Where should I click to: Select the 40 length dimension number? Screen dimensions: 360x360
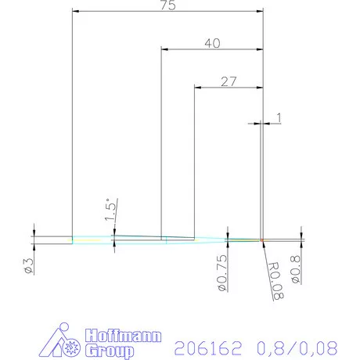(x=211, y=44)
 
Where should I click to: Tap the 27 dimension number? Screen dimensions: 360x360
(x=229, y=80)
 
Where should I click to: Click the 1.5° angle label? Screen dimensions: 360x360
(x=110, y=210)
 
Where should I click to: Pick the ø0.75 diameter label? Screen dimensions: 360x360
(x=221, y=270)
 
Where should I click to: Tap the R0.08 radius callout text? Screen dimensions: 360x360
(x=273, y=282)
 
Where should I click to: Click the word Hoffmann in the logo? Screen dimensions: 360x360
(x=123, y=337)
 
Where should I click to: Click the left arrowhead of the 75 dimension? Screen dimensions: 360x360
(x=75, y=12)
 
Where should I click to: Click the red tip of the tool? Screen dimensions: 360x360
(x=263, y=239)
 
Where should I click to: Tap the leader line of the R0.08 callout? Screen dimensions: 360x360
(x=266, y=249)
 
